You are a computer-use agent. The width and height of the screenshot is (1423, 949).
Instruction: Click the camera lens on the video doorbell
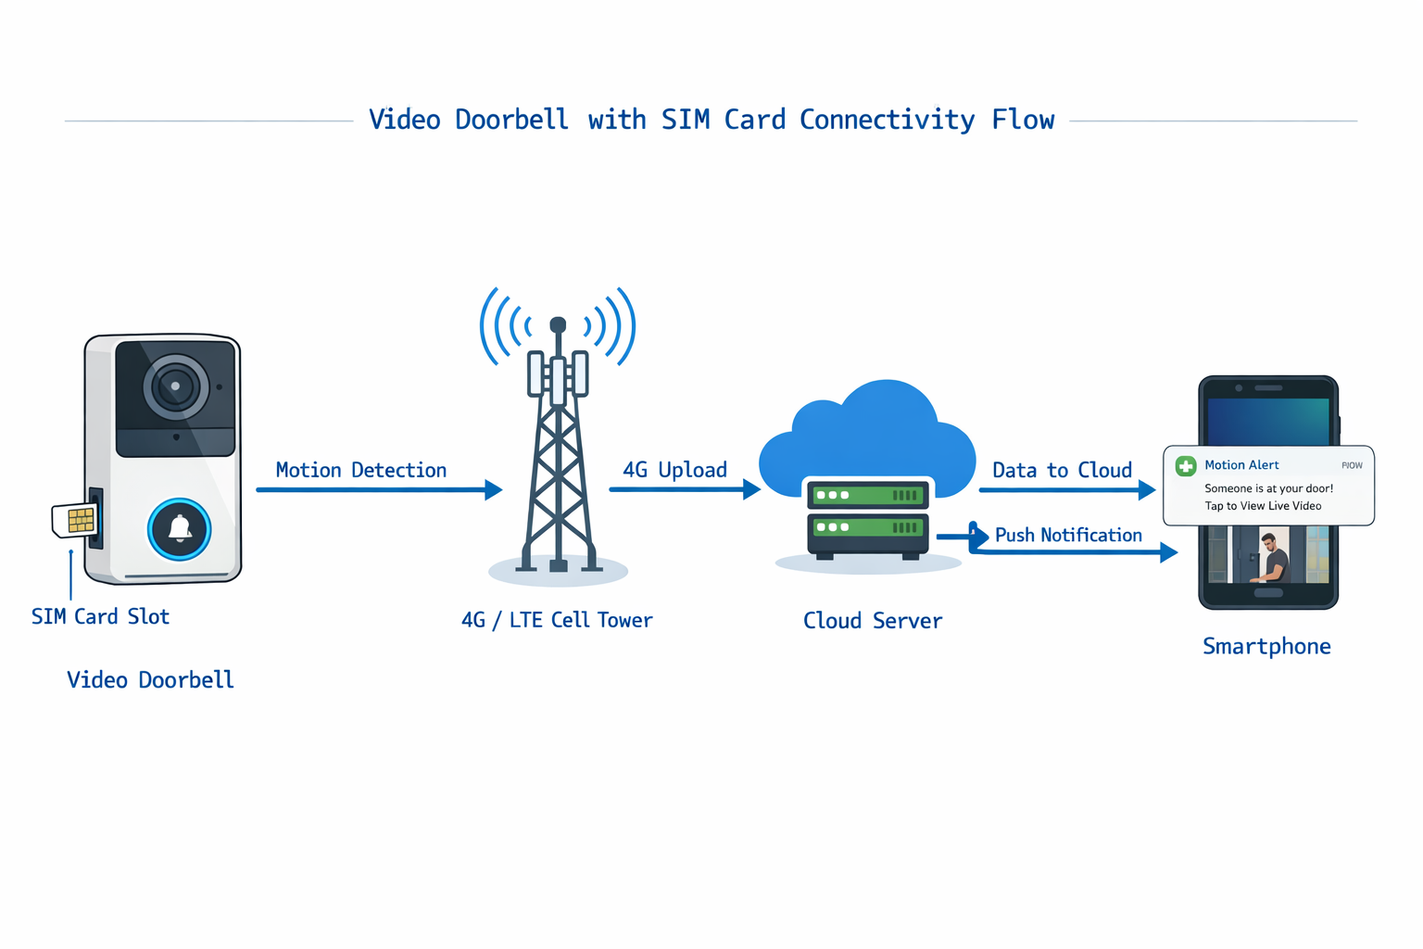[x=175, y=386]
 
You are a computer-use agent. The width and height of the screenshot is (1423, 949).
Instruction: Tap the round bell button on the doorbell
[x=180, y=529]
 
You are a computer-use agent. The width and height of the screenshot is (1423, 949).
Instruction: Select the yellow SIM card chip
[x=81, y=520]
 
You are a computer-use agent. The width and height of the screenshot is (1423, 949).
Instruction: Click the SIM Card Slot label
[x=100, y=617]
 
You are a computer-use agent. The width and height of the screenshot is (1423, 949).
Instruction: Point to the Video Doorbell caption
[x=150, y=680]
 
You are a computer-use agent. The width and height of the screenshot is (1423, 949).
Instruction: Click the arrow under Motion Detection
[x=379, y=489]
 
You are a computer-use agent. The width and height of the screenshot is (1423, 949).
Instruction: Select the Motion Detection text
[x=361, y=471]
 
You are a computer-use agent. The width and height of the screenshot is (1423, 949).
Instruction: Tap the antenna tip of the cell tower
[x=558, y=324]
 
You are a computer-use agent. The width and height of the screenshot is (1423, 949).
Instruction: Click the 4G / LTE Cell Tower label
[x=557, y=621]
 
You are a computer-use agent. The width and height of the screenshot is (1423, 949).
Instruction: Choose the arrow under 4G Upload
[x=685, y=489]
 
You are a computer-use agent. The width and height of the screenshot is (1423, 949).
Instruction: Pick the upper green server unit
[x=867, y=496]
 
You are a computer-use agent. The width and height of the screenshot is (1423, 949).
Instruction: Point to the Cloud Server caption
[x=873, y=621]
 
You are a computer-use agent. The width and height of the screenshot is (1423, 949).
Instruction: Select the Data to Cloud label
[x=1062, y=471]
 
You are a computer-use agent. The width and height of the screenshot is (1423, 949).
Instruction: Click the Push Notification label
[x=1068, y=536]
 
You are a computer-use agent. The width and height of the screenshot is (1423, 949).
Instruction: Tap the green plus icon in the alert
[x=1186, y=466]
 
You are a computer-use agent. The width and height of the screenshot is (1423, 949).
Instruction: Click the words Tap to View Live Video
[x=1263, y=506]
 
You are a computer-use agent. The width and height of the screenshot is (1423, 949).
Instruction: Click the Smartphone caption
[x=1266, y=647]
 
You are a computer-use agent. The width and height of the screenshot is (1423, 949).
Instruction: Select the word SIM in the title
[x=686, y=120]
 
